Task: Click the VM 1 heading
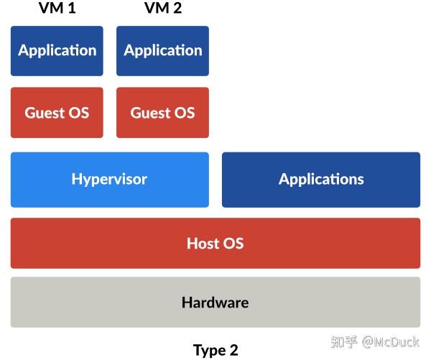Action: point(57,9)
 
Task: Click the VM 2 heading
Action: point(162,9)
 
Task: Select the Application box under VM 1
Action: point(57,50)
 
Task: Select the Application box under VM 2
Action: point(162,50)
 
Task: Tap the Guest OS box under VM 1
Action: point(57,113)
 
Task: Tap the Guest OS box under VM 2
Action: point(162,113)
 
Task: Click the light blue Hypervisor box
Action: point(109,180)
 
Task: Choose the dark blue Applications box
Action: point(321,180)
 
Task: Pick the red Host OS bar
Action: point(215,243)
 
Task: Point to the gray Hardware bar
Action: point(215,302)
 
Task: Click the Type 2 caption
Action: point(215,350)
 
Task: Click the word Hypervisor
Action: point(109,180)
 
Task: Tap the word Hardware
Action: point(215,302)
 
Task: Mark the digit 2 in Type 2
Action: point(233,350)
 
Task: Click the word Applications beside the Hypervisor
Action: point(321,180)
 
